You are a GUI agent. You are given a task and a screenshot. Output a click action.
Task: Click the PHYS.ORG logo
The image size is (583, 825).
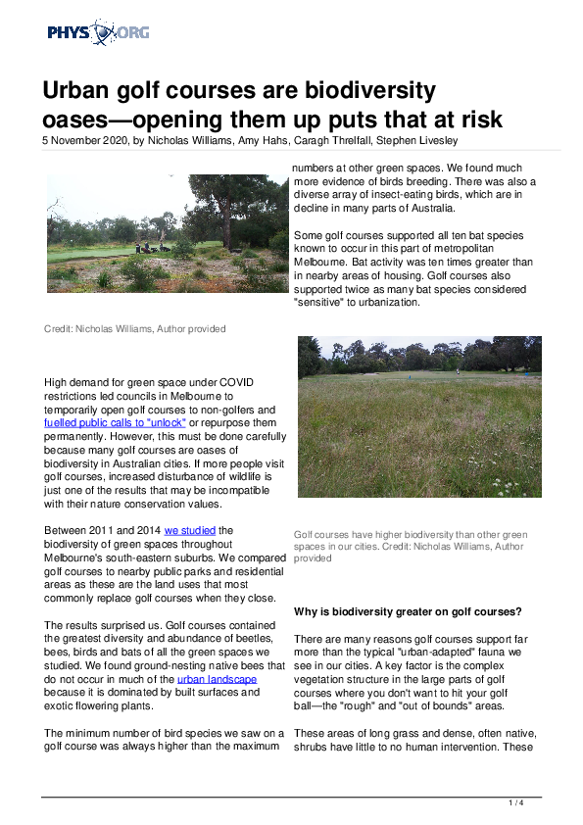[x=98, y=33]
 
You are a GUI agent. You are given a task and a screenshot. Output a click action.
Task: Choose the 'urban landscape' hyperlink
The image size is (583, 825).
[x=217, y=678]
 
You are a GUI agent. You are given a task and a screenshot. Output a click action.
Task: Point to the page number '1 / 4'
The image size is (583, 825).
[x=516, y=802]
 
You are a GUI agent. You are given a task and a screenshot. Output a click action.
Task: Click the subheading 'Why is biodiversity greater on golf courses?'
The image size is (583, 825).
[x=408, y=611]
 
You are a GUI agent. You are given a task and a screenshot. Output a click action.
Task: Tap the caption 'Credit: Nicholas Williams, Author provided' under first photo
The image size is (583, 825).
[x=134, y=328]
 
